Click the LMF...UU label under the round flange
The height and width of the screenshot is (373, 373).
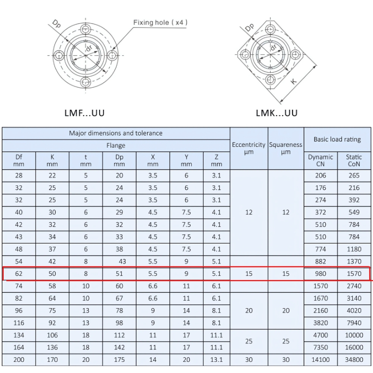(85, 113)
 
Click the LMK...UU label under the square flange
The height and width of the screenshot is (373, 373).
(277, 113)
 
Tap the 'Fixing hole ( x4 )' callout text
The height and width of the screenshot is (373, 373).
(160, 22)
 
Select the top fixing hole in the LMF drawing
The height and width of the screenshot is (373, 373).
(86, 29)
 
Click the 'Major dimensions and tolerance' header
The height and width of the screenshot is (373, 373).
(116, 133)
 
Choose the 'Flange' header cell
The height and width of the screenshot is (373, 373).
(116, 145)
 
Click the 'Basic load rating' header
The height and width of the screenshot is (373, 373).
(337, 139)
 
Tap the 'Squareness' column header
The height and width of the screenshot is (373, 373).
(286, 148)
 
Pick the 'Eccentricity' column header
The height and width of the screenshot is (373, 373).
(249, 148)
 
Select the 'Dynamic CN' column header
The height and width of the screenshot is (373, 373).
(320, 160)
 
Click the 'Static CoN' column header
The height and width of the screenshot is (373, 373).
(354, 160)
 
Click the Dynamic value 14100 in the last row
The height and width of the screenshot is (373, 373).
(320, 360)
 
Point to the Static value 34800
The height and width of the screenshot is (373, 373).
(354, 360)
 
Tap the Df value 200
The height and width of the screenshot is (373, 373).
(19, 360)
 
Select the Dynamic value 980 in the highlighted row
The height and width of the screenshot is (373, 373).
(320, 274)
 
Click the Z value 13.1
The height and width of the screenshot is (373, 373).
(216, 360)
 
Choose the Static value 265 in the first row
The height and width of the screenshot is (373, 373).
(354, 175)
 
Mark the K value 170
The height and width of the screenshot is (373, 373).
(52, 360)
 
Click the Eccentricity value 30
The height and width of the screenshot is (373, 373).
(249, 360)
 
